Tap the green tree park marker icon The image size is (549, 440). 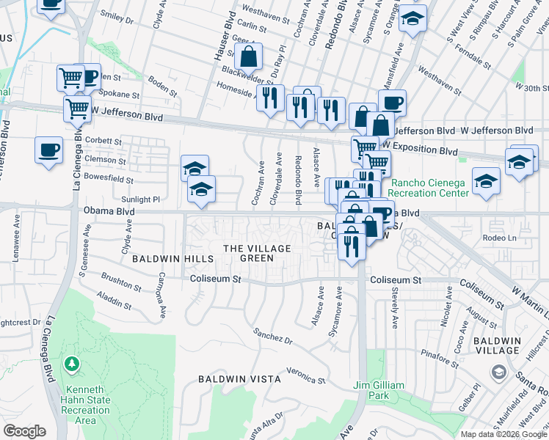point(72,363)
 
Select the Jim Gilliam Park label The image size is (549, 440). point(378,390)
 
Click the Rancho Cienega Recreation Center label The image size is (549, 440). point(429,188)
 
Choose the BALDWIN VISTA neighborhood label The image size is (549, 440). point(229,378)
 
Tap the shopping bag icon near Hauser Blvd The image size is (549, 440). point(249,56)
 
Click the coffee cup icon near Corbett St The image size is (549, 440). point(48,150)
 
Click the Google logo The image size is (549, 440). point(25,431)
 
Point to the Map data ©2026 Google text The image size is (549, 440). point(503,434)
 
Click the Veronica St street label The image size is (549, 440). point(305,375)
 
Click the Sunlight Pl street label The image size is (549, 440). point(140,199)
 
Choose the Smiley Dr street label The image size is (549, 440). point(117,18)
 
